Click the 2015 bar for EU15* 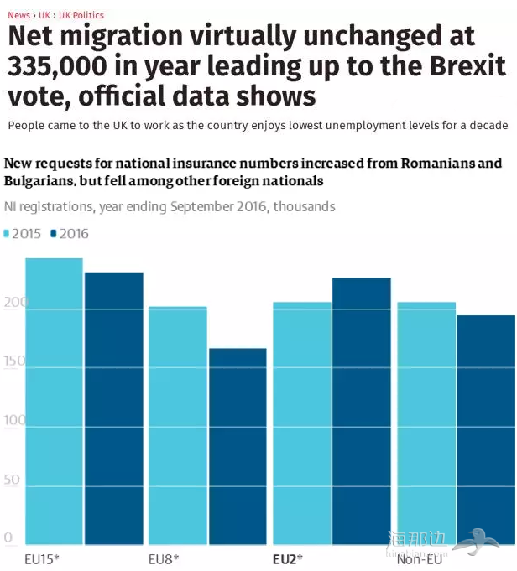[55, 402]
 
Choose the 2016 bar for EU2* [361, 412]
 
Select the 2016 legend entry [70, 234]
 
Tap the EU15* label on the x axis [42, 558]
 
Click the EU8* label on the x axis [164, 558]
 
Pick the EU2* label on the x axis [288, 558]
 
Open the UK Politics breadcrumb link [81, 15]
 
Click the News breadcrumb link [18, 15]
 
